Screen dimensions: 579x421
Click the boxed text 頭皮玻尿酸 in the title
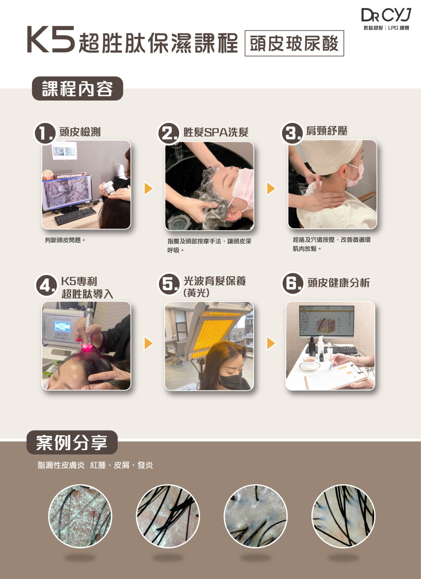(x=294, y=43)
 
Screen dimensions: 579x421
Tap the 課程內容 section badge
(x=77, y=88)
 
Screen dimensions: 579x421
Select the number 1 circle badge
(x=45, y=133)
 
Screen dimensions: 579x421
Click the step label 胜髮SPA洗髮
(x=216, y=132)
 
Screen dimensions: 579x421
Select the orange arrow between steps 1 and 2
(x=148, y=189)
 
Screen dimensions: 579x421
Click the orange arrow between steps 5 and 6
(x=271, y=343)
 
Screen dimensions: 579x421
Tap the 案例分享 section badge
(x=72, y=442)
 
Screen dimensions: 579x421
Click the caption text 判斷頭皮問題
(x=65, y=240)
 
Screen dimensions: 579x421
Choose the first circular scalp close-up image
(x=80, y=516)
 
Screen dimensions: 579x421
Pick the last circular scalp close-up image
(x=343, y=516)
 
